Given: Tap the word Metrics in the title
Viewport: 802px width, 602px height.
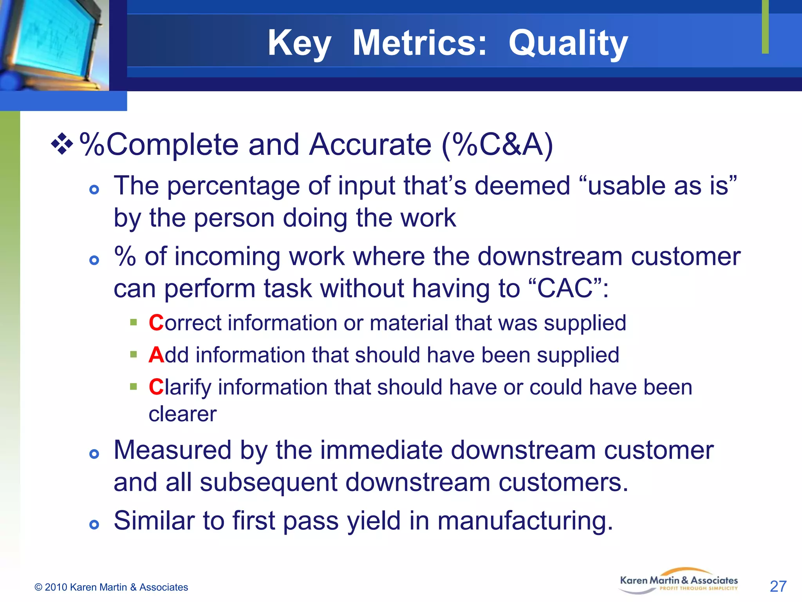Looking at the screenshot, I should (420, 43).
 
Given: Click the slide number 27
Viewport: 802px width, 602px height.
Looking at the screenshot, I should (778, 586).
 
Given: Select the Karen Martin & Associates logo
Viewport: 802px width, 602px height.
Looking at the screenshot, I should (679, 581).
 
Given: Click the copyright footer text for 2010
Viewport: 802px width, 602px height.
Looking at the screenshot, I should (111, 587).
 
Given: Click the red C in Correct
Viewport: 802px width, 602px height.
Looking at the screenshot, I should (156, 323).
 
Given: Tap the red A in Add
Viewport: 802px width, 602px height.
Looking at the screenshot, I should (156, 355).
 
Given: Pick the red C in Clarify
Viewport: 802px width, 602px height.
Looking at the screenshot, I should (156, 387).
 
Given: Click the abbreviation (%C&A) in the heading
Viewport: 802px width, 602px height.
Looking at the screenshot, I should (497, 145).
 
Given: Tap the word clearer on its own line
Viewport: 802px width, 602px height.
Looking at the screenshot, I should (182, 414).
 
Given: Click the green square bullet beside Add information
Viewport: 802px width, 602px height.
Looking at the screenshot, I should (134, 355).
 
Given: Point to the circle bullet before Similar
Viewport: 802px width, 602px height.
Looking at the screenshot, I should (94, 524).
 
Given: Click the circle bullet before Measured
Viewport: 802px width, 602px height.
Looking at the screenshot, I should (94, 454).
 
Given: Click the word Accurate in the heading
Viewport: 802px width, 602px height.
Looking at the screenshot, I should (370, 145).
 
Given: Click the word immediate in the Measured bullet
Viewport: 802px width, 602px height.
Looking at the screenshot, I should (381, 450).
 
